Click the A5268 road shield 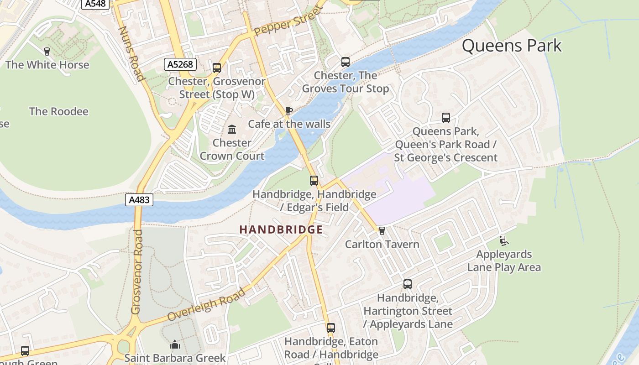click(180, 64)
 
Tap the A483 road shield click(139, 199)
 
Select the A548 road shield click(95, 4)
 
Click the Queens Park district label click(511, 46)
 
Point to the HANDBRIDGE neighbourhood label click(281, 229)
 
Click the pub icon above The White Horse click(46, 51)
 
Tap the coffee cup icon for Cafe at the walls click(288, 110)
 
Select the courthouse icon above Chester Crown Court click(232, 130)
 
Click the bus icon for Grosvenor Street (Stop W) click(217, 68)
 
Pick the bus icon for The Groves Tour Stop click(346, 62)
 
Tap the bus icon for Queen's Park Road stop click(446, 118)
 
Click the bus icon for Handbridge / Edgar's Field click(314, 180)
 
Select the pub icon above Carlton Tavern click(382, 231)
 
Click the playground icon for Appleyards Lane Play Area click(504, 241)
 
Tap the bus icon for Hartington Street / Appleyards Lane click(408, 284)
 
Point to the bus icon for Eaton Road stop click(331, 328)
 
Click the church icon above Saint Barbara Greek click(175, 344)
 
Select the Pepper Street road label click(288, 22)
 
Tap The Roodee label click(59, 111)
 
